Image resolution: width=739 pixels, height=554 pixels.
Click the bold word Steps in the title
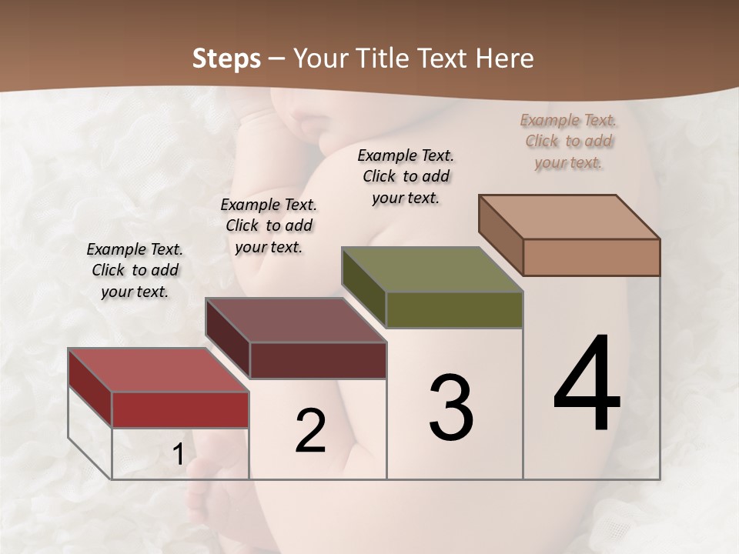226,58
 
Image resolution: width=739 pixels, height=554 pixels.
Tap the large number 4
587,385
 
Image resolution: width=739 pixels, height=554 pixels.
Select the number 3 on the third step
450,408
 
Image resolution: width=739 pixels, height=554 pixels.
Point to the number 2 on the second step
310,431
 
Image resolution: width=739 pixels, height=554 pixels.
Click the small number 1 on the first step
178,455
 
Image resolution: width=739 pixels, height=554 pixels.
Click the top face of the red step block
158,369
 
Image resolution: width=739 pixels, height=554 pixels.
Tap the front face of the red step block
180,409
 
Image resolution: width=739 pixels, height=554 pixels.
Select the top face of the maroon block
295,320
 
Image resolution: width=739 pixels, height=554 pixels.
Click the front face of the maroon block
317,360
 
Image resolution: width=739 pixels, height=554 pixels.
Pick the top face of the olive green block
432,269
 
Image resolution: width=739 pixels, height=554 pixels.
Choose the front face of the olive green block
454,309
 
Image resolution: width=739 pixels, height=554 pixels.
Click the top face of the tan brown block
569,217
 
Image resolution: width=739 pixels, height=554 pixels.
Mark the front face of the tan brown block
591,257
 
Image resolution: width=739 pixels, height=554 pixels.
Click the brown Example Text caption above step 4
568,142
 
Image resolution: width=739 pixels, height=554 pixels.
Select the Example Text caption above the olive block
406,177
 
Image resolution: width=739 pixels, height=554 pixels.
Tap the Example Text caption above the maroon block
269,226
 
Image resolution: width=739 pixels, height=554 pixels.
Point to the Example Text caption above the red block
135,271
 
